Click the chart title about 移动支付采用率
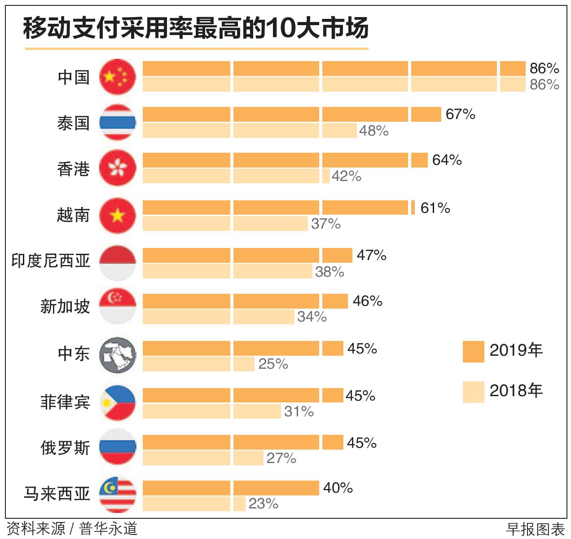click(x=196, y=28)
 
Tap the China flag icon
click(x=117, y=77)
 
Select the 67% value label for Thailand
click(x=460, y=114)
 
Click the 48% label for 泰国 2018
click(x=373, y=131)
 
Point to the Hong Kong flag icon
click(x=117, y=168)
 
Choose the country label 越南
click(x=73, y=215)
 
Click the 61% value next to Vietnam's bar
click(x=435, y=208)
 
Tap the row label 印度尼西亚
click(x=51, y=261)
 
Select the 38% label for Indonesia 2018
click(x=329, y=272)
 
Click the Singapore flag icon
click(x=117, y=307)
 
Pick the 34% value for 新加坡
click(x=312, y=317)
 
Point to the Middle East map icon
click(x=117, y=355)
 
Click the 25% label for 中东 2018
click(x=273, y=364)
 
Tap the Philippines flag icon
click(x=117, y=402)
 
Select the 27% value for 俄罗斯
click(x=281, y=458)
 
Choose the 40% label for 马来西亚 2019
click(x=338, y=488)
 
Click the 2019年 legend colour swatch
click(x=473, y=351)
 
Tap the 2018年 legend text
click(x=516, y=391)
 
